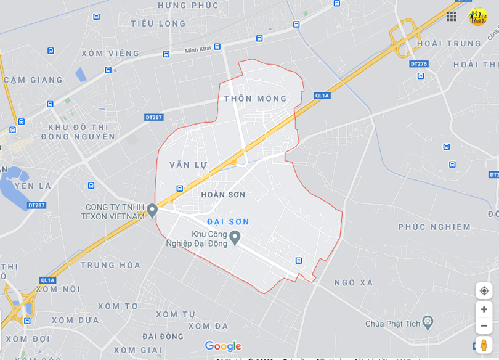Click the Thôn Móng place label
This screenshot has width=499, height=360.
point(256,99)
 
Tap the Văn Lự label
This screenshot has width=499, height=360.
point(189,165)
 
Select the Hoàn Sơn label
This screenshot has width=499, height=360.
point(223,195)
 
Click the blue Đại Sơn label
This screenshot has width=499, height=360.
point(228,221)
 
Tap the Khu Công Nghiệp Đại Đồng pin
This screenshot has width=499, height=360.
point(235,237)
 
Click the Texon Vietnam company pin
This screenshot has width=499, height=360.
point(152,211)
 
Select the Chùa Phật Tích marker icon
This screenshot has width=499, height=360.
point(428,322)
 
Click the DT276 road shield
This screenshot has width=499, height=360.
point(418,64)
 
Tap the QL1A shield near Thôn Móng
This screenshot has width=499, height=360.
point(322,96)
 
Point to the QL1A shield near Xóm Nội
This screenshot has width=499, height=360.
point(48,280)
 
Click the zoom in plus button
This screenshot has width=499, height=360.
point(484,309)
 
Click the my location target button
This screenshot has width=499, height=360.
point(484,290)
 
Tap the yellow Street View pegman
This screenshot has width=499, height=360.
point(484,345)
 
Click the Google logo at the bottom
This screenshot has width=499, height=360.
point(223,346)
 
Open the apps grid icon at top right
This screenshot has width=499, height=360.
point(452,17)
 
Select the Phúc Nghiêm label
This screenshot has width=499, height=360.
point(434,227)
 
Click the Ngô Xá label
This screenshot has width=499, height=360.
point(354,282)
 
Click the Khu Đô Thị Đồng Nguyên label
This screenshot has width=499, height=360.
point(78,132)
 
